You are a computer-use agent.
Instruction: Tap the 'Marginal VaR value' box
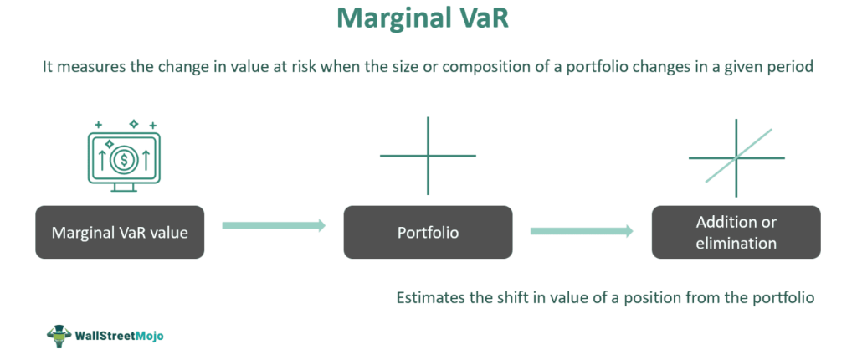pos(120,232)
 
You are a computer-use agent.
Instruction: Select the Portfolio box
pos(428,232)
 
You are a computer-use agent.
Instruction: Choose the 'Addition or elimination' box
pos(736,232)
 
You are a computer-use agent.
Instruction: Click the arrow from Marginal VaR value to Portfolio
pos(274,225)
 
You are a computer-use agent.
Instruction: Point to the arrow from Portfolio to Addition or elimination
pos(582,231)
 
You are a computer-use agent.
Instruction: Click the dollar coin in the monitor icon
pos(124,160)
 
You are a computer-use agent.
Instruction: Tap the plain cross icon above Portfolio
pos(428,156)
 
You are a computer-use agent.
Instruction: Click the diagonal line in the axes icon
pos(738,156)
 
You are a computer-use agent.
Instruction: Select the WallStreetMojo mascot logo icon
pos(59,336)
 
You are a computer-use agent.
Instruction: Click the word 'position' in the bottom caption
pos(664,298)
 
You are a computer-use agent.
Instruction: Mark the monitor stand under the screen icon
pos(124,187)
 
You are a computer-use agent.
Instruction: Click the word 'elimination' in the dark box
pos(736,242)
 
